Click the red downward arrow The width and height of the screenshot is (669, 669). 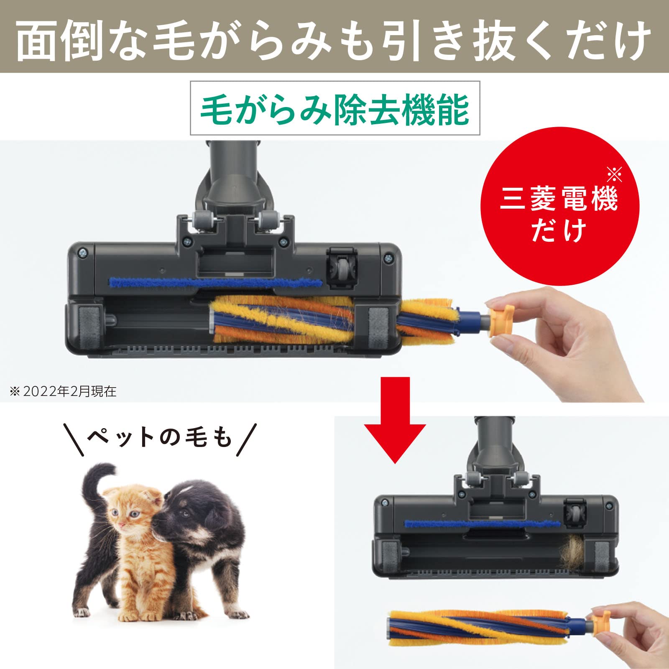tap(395, 422)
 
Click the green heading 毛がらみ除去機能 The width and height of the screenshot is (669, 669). tap(334, 109)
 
